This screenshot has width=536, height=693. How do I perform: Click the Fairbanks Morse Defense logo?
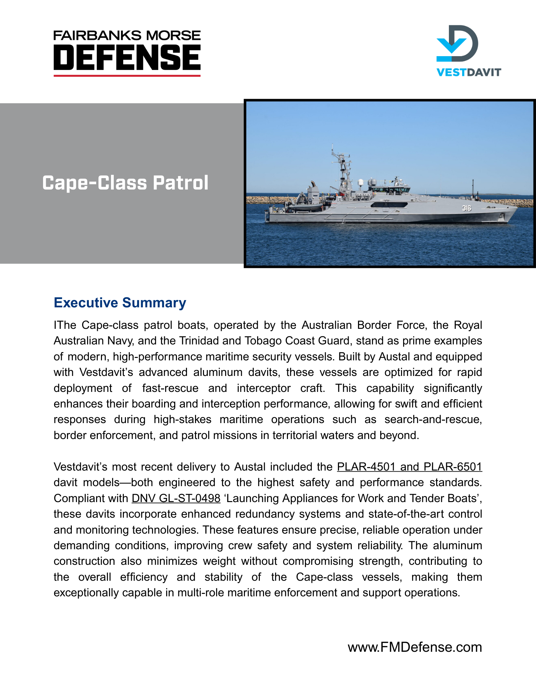coord(127,53)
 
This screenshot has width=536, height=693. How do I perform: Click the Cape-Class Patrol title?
coord(125,183)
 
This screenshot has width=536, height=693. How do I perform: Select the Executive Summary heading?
coord(120,302)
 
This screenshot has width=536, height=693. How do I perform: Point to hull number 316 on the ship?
coord(467,208)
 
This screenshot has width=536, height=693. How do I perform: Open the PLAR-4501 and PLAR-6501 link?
coord(409,467)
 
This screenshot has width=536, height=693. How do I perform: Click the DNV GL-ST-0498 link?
coord(176,498)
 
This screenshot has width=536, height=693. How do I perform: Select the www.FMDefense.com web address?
coord(415,647)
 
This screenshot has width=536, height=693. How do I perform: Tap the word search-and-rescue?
coord(433,419)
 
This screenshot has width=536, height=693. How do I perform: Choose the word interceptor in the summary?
coord(264,388)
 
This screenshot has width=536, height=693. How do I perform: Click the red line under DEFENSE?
coord(127,75)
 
